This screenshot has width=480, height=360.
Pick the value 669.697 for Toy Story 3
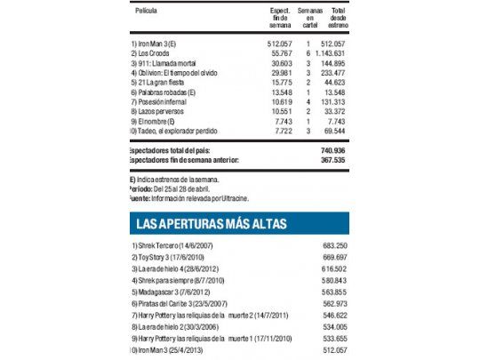[x=332, y=256]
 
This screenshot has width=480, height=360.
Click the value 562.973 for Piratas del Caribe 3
[x=332, y=303]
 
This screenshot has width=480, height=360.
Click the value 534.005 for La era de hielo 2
[x=332, y=327]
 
